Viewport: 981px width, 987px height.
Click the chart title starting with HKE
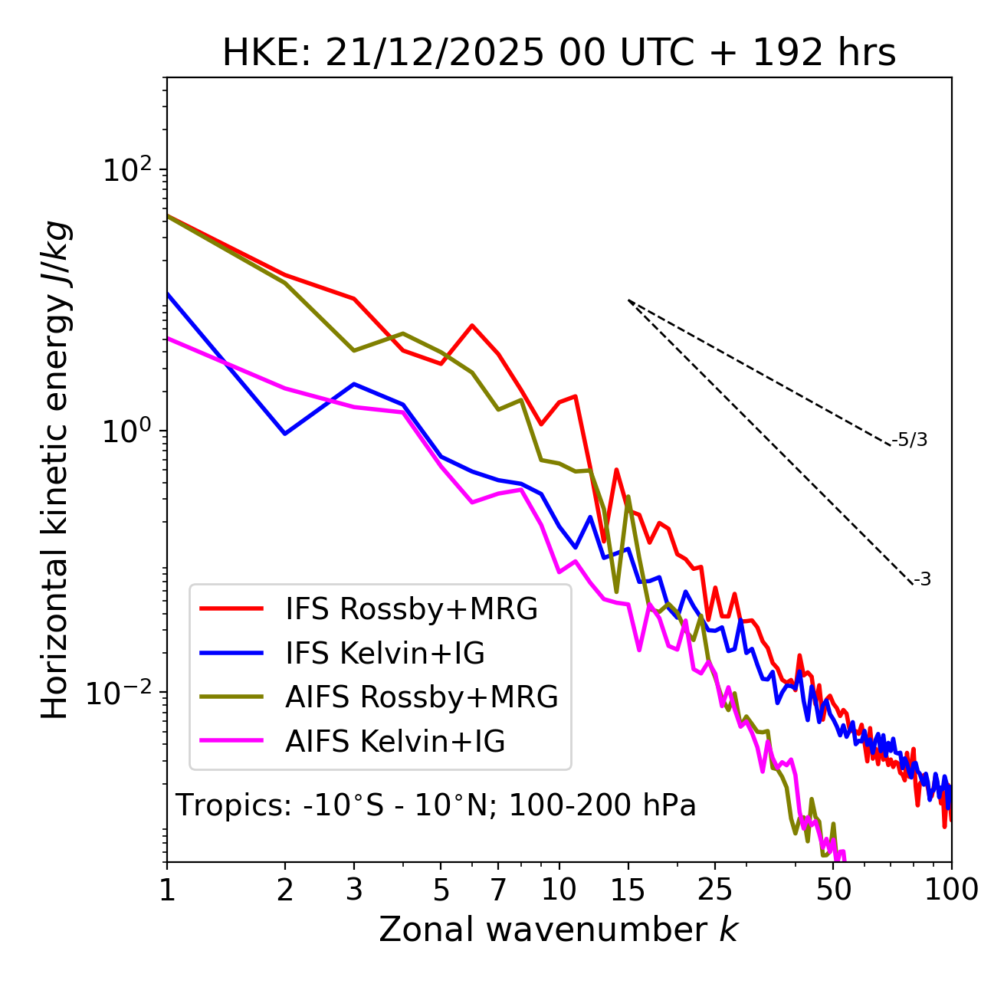pos(559,53)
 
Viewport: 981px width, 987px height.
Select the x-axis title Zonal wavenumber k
pos(558,929)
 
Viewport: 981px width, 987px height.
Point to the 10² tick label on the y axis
pos(127,170)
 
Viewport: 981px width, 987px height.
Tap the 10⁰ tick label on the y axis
pos(127,431)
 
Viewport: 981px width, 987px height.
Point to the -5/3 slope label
pos(910,440)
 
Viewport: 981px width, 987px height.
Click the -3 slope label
pos(922,579)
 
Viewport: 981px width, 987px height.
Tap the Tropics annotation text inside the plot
pos(435,805)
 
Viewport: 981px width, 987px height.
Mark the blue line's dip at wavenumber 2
pos(285,434)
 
